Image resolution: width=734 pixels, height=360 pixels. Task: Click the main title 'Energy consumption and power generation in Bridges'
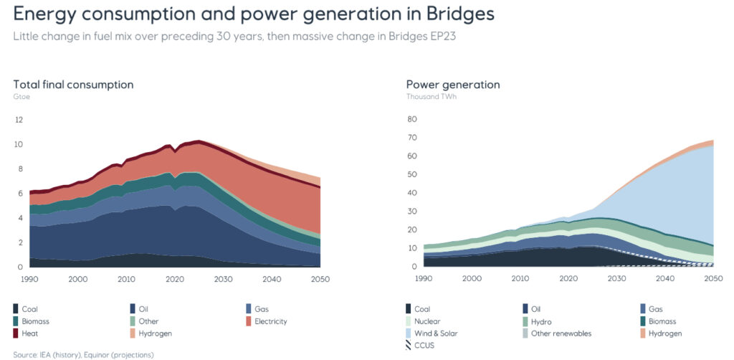(x=254, y=14)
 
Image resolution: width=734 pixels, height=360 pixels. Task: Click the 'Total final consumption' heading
(x=73, y=85)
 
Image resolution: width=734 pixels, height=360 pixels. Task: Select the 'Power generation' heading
(x=453, y=85)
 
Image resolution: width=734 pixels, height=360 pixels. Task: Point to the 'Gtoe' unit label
(x=21, y=96)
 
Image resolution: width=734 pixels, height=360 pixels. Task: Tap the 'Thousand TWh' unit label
(x=432, y=96)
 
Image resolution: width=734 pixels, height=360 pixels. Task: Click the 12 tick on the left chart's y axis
(x=19, y=120)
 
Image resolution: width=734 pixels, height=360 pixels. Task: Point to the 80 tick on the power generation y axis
(x=412, y=120)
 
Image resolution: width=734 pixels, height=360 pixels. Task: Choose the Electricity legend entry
(x=270, y=321)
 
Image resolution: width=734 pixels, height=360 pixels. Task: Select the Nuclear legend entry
(x=426, y=321)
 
